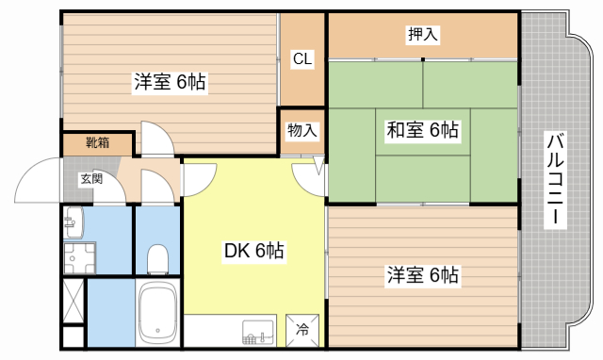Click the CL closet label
click(x=302, y=59)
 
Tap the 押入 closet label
click(x=423, y=35)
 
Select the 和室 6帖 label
click(x=423, y=130)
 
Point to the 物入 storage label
click(x=301, y=130)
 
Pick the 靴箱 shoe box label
click(x=97, y=143)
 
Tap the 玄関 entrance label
click(x=90, y=178)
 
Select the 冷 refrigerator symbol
click(x=302, y=330)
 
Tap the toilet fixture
click(x=158, y=256)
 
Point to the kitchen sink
click(x=256, y=331)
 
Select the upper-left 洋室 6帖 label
click(x=169, y=82)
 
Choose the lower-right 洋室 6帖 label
click(x=422, y=276)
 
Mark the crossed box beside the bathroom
click(x=73, y=300)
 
